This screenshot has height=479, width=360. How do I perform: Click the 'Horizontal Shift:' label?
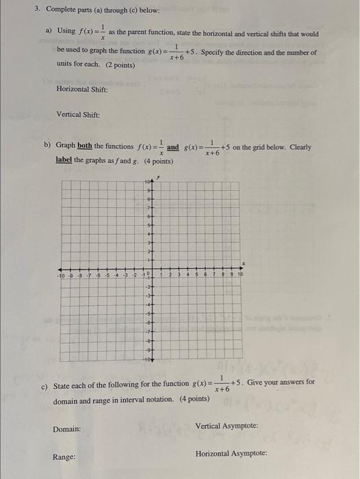[83, 89]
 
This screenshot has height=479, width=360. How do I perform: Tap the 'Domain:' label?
[67, 429]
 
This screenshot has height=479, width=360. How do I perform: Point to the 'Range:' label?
[65, 456]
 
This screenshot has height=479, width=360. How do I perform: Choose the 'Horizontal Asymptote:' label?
[231, 453]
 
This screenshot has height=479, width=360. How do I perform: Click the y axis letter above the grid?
[158, 177]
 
